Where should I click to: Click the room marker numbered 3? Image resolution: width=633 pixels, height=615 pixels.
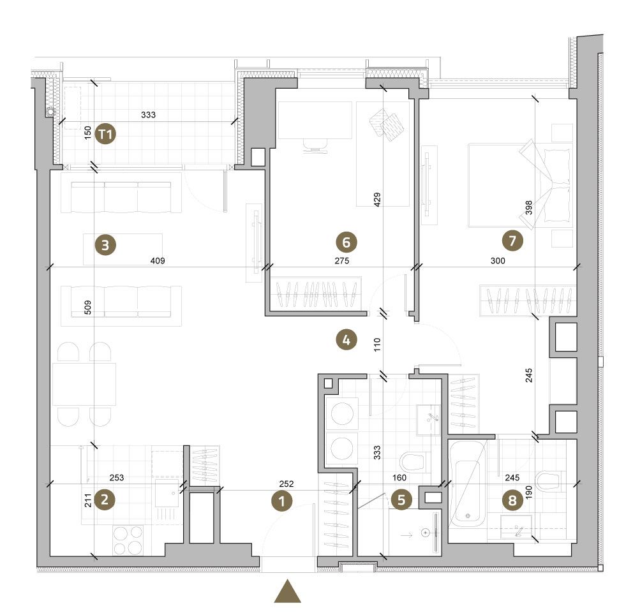(105, 245)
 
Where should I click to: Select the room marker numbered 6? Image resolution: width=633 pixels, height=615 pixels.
(346, 242)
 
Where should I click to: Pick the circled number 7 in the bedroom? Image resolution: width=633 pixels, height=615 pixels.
(512, 241)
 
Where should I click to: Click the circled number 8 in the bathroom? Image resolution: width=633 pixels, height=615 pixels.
(512, 500)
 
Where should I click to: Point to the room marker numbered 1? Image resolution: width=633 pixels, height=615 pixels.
(281, 501)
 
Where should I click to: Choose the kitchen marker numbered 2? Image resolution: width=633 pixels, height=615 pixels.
(105, 500)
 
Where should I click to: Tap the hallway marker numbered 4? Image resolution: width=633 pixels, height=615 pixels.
(346, 340)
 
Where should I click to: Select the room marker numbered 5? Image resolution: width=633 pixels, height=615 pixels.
(401, 500)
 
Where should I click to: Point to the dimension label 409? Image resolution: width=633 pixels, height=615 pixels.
(158, 261)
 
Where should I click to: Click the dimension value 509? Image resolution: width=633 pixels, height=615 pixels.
(87, 307)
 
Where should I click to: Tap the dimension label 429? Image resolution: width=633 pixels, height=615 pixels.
(377, 200)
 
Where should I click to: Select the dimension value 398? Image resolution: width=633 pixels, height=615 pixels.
(528, 208)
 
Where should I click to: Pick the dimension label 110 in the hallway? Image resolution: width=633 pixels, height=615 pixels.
(377, 345)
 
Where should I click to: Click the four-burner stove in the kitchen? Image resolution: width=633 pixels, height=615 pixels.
(128, 540)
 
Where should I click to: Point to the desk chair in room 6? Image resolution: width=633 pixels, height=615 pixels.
(315, 146)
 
